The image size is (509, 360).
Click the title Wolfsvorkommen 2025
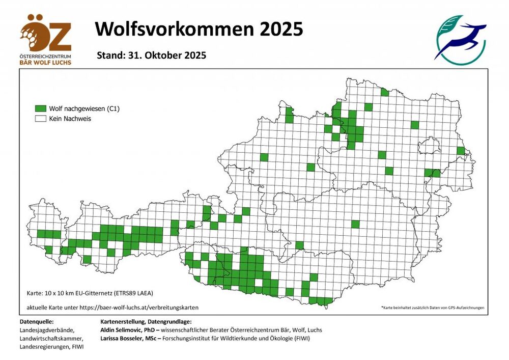[x=199, y=29]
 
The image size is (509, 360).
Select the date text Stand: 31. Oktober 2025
[x=151, y=56]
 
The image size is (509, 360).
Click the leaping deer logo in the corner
[x=460, y=40]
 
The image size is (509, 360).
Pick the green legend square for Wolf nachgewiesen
[x=40, y=109]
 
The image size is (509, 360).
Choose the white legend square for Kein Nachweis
[x=40, y=119]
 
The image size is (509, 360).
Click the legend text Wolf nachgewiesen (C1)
[x=84, y=109]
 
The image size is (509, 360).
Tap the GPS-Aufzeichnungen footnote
[x=433, y=308]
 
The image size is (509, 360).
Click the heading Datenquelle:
[x=36, y=322]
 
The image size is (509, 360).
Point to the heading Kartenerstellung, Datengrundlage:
[x=147, y=322]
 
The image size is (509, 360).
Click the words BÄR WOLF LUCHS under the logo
[x=46, y=62]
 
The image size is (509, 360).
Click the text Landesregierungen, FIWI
[x=51, y=347]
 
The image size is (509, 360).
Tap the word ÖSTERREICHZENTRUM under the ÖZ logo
[x=46, y=56]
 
